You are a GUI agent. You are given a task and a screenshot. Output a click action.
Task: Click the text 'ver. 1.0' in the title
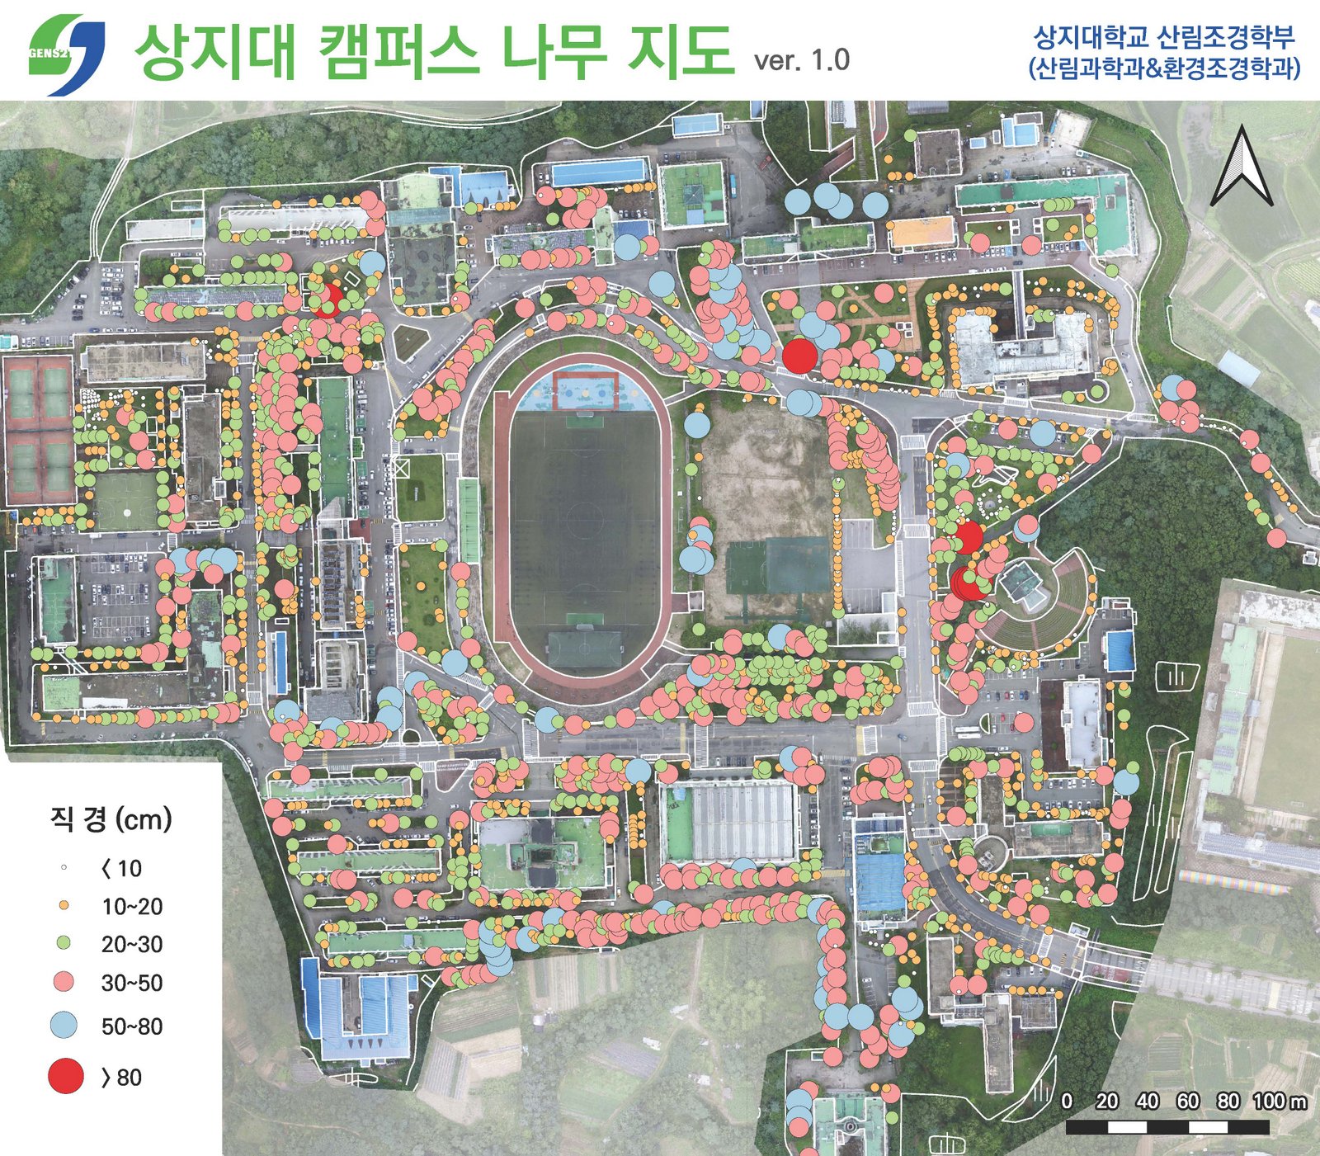point(801,60)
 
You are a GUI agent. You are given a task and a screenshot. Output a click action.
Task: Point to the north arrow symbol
point(1241,169)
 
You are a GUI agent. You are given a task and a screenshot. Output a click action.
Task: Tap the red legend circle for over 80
point(66,1077)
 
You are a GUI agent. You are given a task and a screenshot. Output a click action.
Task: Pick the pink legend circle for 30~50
point(64,982)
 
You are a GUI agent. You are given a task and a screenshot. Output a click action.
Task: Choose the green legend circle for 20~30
point(64,943)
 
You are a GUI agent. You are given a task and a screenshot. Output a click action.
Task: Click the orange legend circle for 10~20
point(64,905)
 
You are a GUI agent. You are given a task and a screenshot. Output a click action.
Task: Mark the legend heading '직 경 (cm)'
point(111,819)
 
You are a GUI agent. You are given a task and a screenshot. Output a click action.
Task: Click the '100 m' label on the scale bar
point(1280,1101)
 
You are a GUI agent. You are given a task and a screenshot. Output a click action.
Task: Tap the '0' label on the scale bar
point(1067,1101)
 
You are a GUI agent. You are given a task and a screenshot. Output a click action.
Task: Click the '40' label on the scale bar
point(1147,1101)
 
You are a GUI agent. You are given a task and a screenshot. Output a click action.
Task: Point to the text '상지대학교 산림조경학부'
point(1164,37)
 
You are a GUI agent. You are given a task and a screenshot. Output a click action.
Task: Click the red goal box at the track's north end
point(585,389)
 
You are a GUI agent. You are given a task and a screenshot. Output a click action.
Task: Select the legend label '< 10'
point(121,868)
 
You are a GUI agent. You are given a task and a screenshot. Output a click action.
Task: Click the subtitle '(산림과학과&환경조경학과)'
point(1164,68)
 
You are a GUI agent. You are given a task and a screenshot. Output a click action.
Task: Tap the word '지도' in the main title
point(680,51)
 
